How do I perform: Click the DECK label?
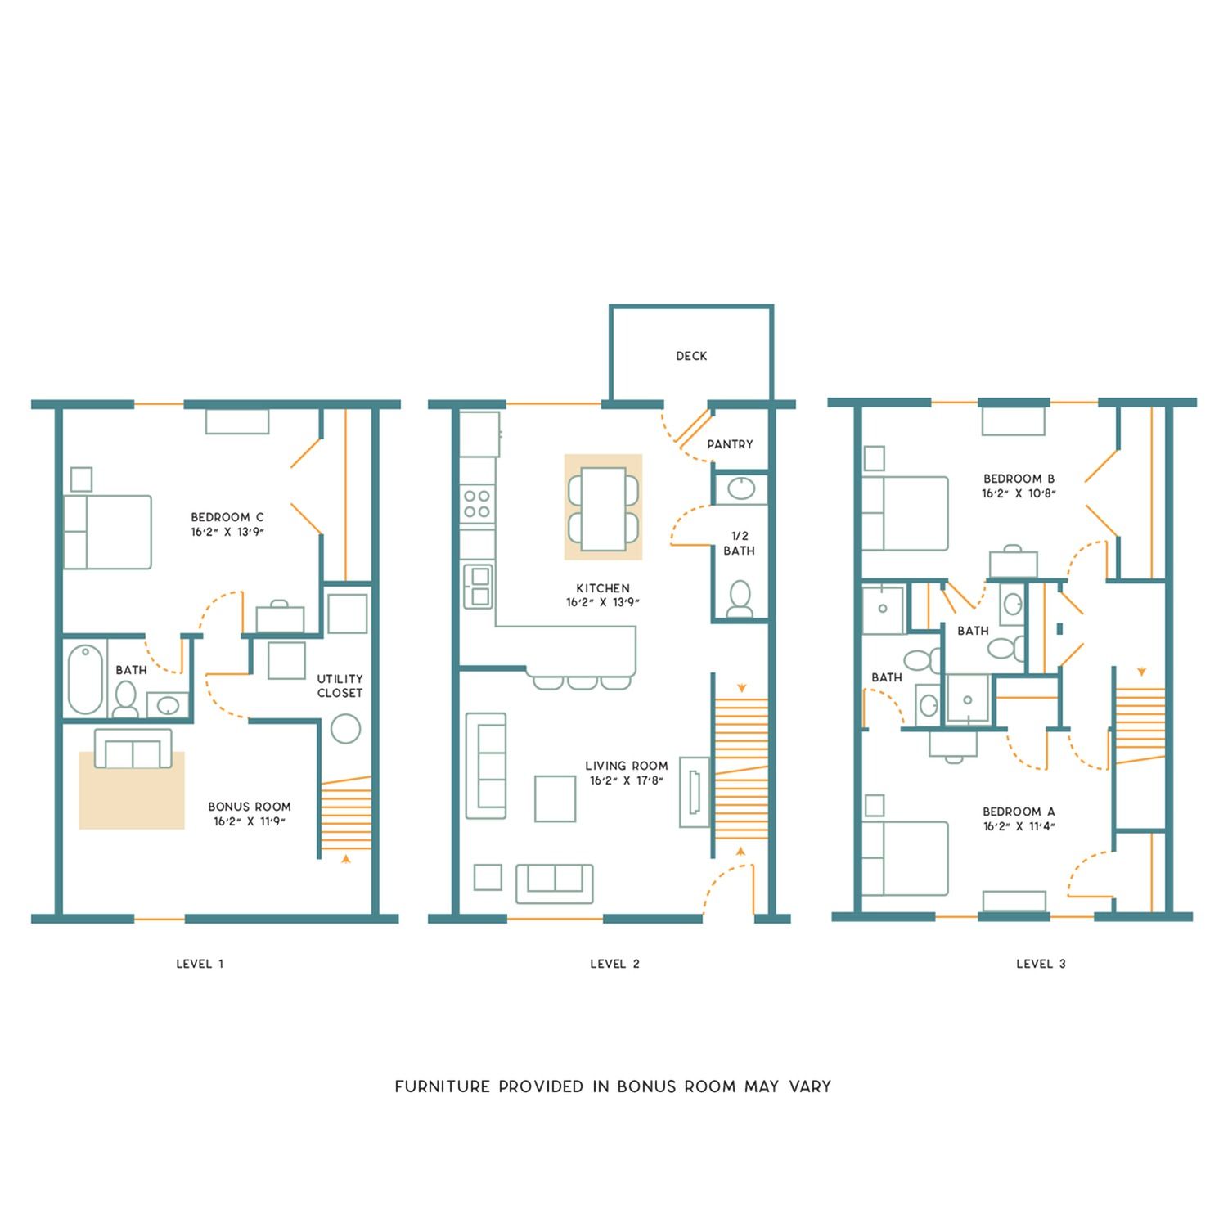(691, 356)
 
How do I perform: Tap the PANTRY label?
(730, 444)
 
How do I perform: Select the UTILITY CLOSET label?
(340, 686)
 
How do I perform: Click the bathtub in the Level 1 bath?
(85, 680)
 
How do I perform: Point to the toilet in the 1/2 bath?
(740, 598)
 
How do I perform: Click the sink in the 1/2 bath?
(741, 488)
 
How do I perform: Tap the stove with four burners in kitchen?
(477, 504)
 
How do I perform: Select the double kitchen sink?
(478, 586)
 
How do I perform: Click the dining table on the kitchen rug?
(603, 508)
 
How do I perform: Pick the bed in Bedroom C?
(108, 532)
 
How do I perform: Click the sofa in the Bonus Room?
(133, 749)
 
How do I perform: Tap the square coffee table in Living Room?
(555, 798)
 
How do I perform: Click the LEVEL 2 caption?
(614, 964)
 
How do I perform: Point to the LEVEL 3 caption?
(1041, 964)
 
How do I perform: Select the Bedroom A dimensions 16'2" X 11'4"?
(1019, 826)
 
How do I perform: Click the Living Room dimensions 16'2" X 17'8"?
(626, 780)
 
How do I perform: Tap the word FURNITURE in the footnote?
(443, 1086)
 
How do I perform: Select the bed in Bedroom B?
(905, 514)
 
